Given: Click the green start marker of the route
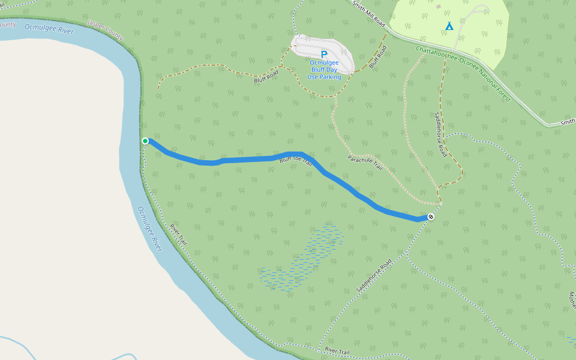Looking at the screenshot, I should pyautogui.click(x=145, y=141).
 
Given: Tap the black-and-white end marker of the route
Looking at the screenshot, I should pyautogui.click(x=431, y=217).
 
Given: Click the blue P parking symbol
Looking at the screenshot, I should pyautogui.click(x=324, y=54).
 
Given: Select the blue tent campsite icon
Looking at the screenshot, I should pyautogui.click(x=449, y=26).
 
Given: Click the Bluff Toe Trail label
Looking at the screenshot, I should pyautogui.click(x=296, y=161).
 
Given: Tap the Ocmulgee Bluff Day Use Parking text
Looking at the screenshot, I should pyautogui.click(x=324, y=70).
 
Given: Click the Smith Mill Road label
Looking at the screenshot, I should pyautogui.click(x=368, y=13).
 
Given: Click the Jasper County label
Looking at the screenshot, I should pyautogui.click(x=105, y=29).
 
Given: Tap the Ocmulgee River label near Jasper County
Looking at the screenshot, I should pyautogui.click(x=49, y=29).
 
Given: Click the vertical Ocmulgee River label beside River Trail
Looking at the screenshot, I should pyautogui.click(x=150, y=229).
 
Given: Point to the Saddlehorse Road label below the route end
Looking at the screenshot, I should pyautogui.click(x=374, y=275).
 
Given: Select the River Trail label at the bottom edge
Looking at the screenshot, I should pyautogui.click(x=337, y=350).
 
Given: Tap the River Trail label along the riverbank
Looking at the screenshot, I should pyautogui.click(x=179, y=234).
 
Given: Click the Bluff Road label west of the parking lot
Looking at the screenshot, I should pyautogui.click(x=266, y=76).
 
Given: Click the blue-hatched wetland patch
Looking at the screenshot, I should pyautogui.click(x=303, y=258).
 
